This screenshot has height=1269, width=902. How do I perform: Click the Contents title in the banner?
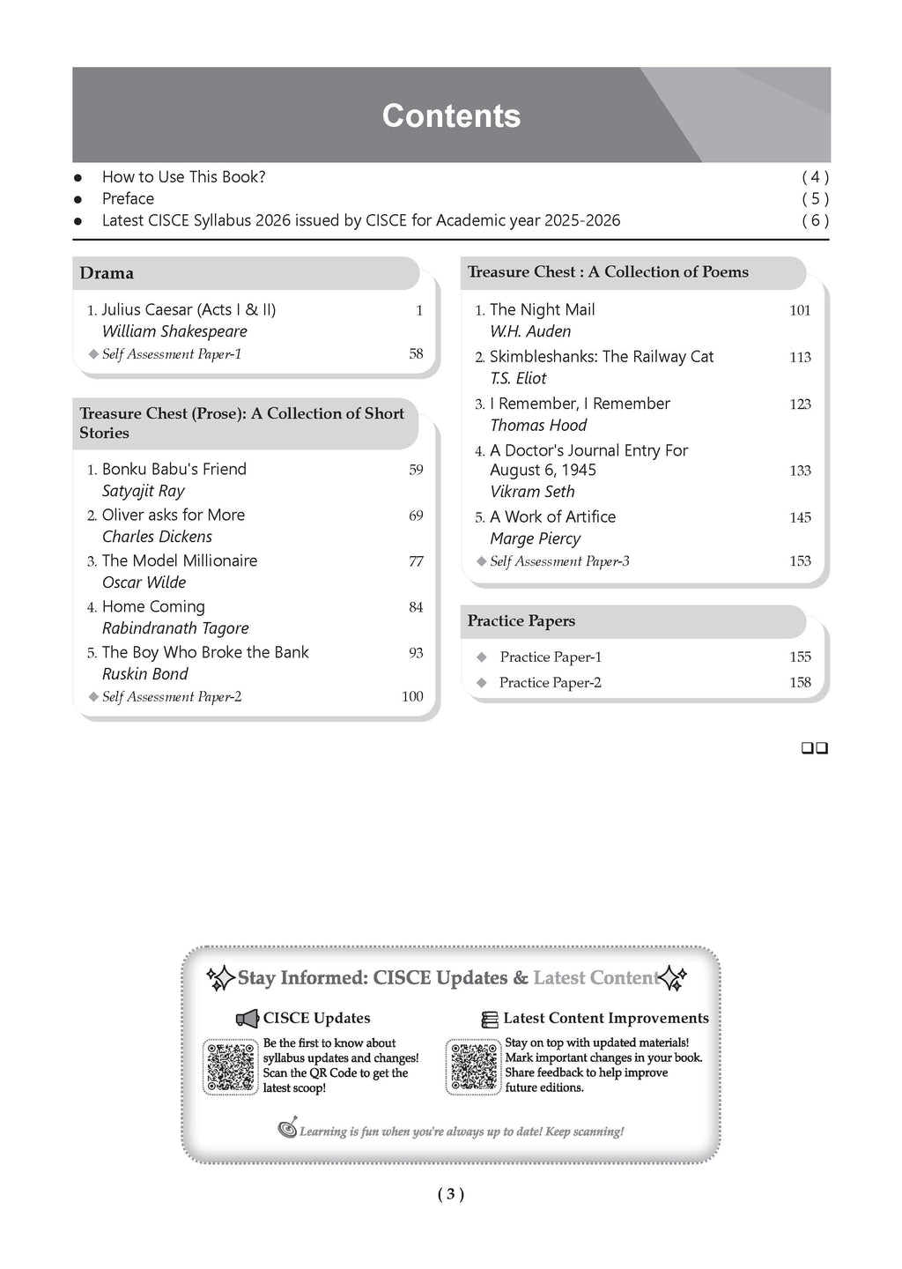pyautogui.click(x=451, y=115)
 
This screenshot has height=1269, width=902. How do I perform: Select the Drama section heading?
pyautogui.click(x=107, y=273)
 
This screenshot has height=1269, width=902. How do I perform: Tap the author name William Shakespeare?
pyautogui.click(x=174, y=331)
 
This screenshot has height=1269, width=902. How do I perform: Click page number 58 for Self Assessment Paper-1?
pyautogui.click(x=416, y=353)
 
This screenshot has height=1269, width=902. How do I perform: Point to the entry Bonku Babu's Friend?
pyautogui.click(x=174, y=469)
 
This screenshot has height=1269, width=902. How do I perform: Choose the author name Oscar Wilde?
pyautogui.click(x=144, y=583)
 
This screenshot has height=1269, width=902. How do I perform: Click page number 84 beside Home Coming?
pyautogui.click(x=416, y=607)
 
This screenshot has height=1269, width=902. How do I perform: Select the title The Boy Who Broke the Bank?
pyautogui.click(x=205, y=652)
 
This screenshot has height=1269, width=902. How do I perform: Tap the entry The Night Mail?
pyautogui.click(x=542, y=309)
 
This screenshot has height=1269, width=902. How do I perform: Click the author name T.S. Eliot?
pyautogui.click(x=518, y=378)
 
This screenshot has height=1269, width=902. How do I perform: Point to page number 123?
pyautogui.click(x=800, y=404)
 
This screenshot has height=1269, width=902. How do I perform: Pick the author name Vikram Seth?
pyautogui.click(x=532, y=492)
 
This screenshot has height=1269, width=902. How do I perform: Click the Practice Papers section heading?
pyautogui.click(x=521, y=621)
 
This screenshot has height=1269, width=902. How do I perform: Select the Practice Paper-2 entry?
pyautogui.click(x=550, y=683)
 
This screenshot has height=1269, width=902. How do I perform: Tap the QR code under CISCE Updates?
pyautogui.click(x=230, y=1066)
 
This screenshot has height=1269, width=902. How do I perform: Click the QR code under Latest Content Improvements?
pyautogui.click(x=473, y=1066)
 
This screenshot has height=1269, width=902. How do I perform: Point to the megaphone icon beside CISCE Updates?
pyautogui.click(x=247, y=1019)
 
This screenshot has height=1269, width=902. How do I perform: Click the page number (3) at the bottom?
pyautogui.click(x=450, y=1194)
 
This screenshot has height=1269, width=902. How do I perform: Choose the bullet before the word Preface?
pyautogui.click(x=78, y=199)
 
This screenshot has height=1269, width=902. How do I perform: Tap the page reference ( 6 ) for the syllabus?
pyautogui.click(x=815, y=220)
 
